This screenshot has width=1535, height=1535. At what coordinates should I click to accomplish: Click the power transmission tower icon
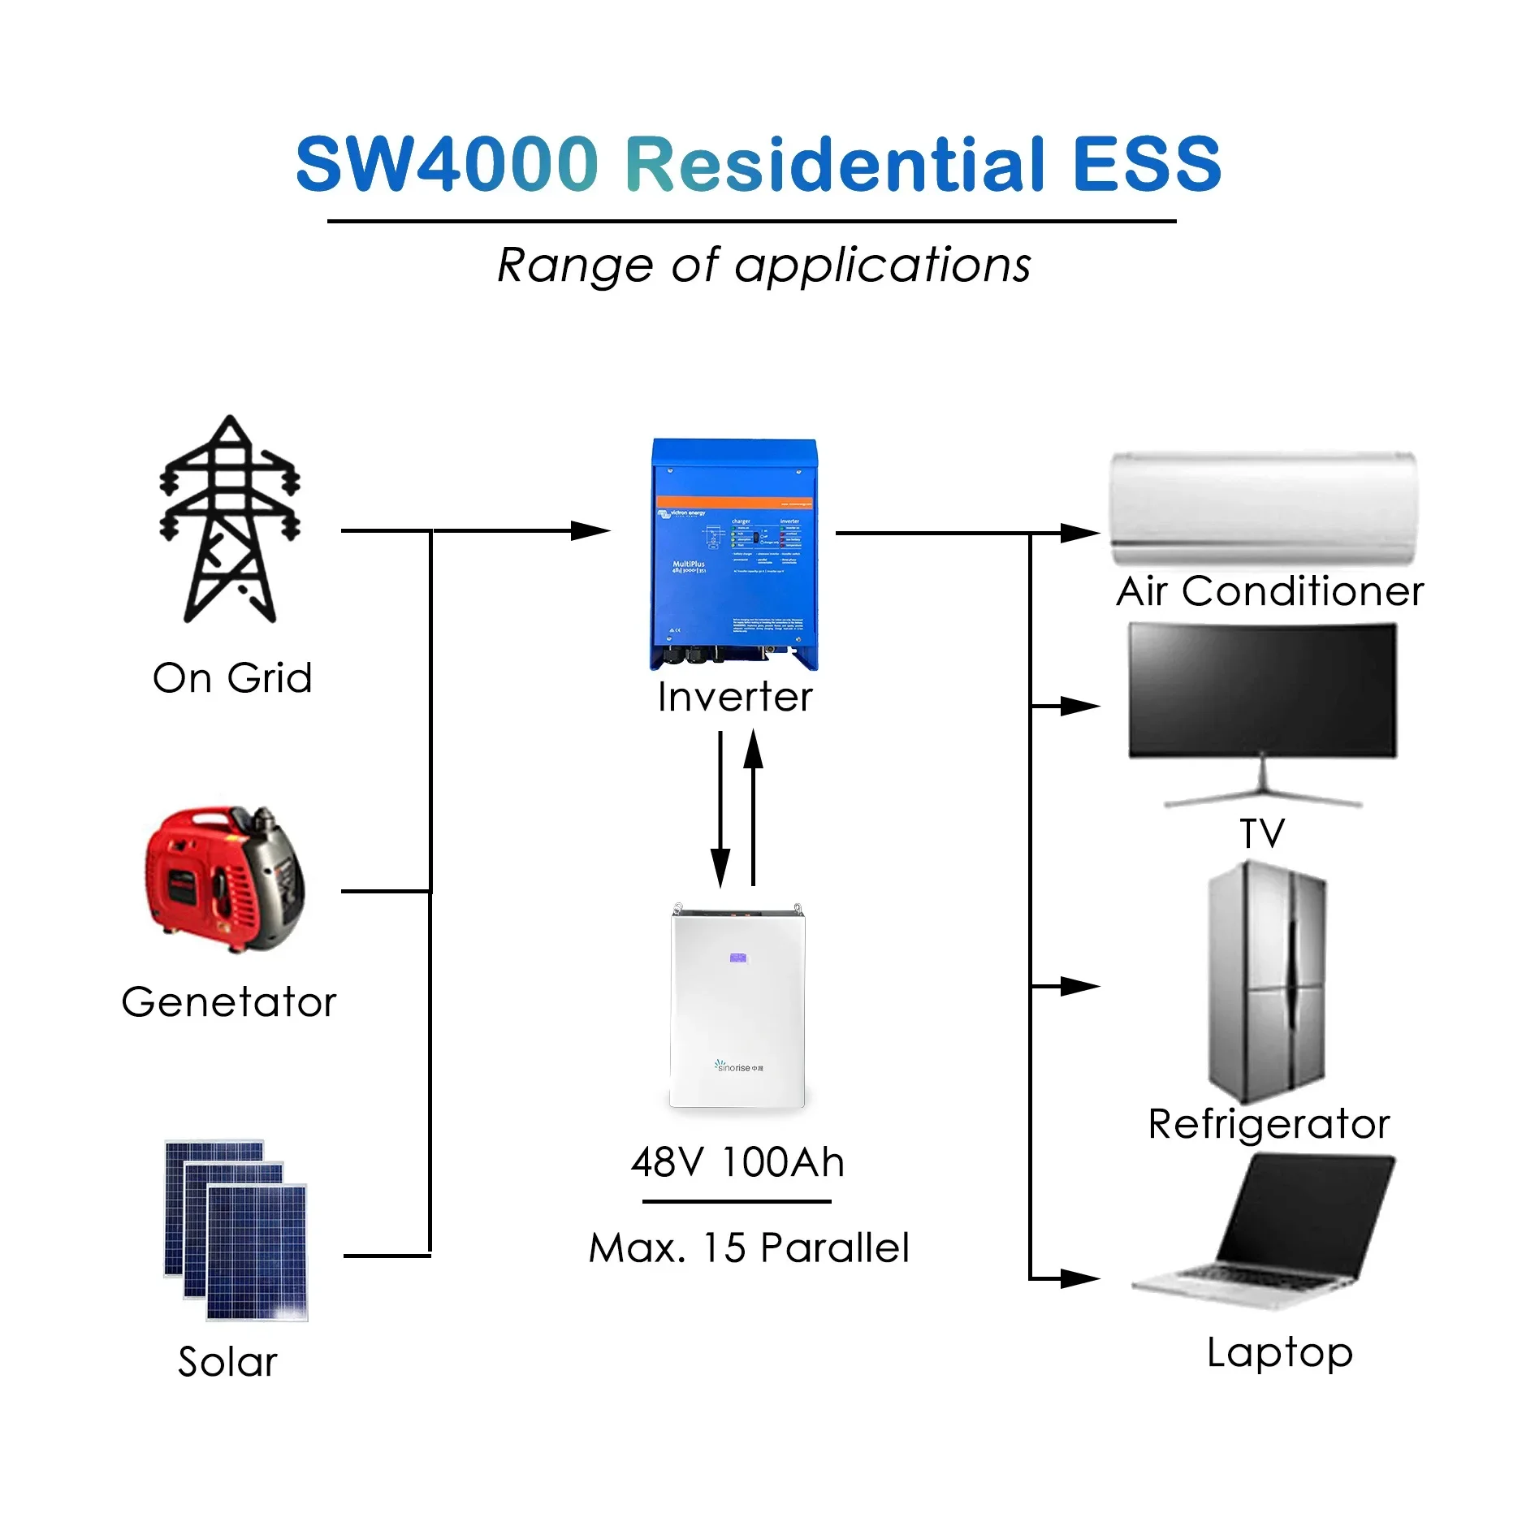230,520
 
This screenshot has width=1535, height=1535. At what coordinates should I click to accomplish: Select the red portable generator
225,879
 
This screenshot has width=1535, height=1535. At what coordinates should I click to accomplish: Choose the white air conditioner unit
1263,508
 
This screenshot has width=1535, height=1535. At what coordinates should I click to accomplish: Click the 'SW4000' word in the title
448,164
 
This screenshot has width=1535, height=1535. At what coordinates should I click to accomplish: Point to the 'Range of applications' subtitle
763,265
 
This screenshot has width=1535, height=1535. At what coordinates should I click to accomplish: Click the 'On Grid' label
232,678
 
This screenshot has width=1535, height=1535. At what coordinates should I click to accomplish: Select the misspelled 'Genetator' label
229,1002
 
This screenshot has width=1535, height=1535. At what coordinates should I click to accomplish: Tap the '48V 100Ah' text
737,1162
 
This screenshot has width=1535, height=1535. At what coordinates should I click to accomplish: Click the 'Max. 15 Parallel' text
749,1248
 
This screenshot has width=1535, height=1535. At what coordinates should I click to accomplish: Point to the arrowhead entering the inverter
591,531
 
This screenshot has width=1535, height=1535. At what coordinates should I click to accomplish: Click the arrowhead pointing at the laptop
1080,1278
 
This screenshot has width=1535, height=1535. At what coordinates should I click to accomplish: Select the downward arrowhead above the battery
720,869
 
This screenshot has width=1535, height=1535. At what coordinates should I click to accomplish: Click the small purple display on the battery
738,958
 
